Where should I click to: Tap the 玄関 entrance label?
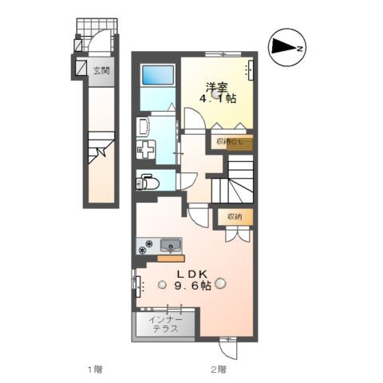click(101, 70)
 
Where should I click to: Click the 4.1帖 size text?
click(219, 99)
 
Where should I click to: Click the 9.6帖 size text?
click(193, 285)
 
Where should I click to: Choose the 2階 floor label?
click(217, 369)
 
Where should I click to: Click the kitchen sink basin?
click(169, 244)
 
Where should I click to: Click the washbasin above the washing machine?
click(144, 127)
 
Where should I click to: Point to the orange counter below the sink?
click(171, 258)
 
